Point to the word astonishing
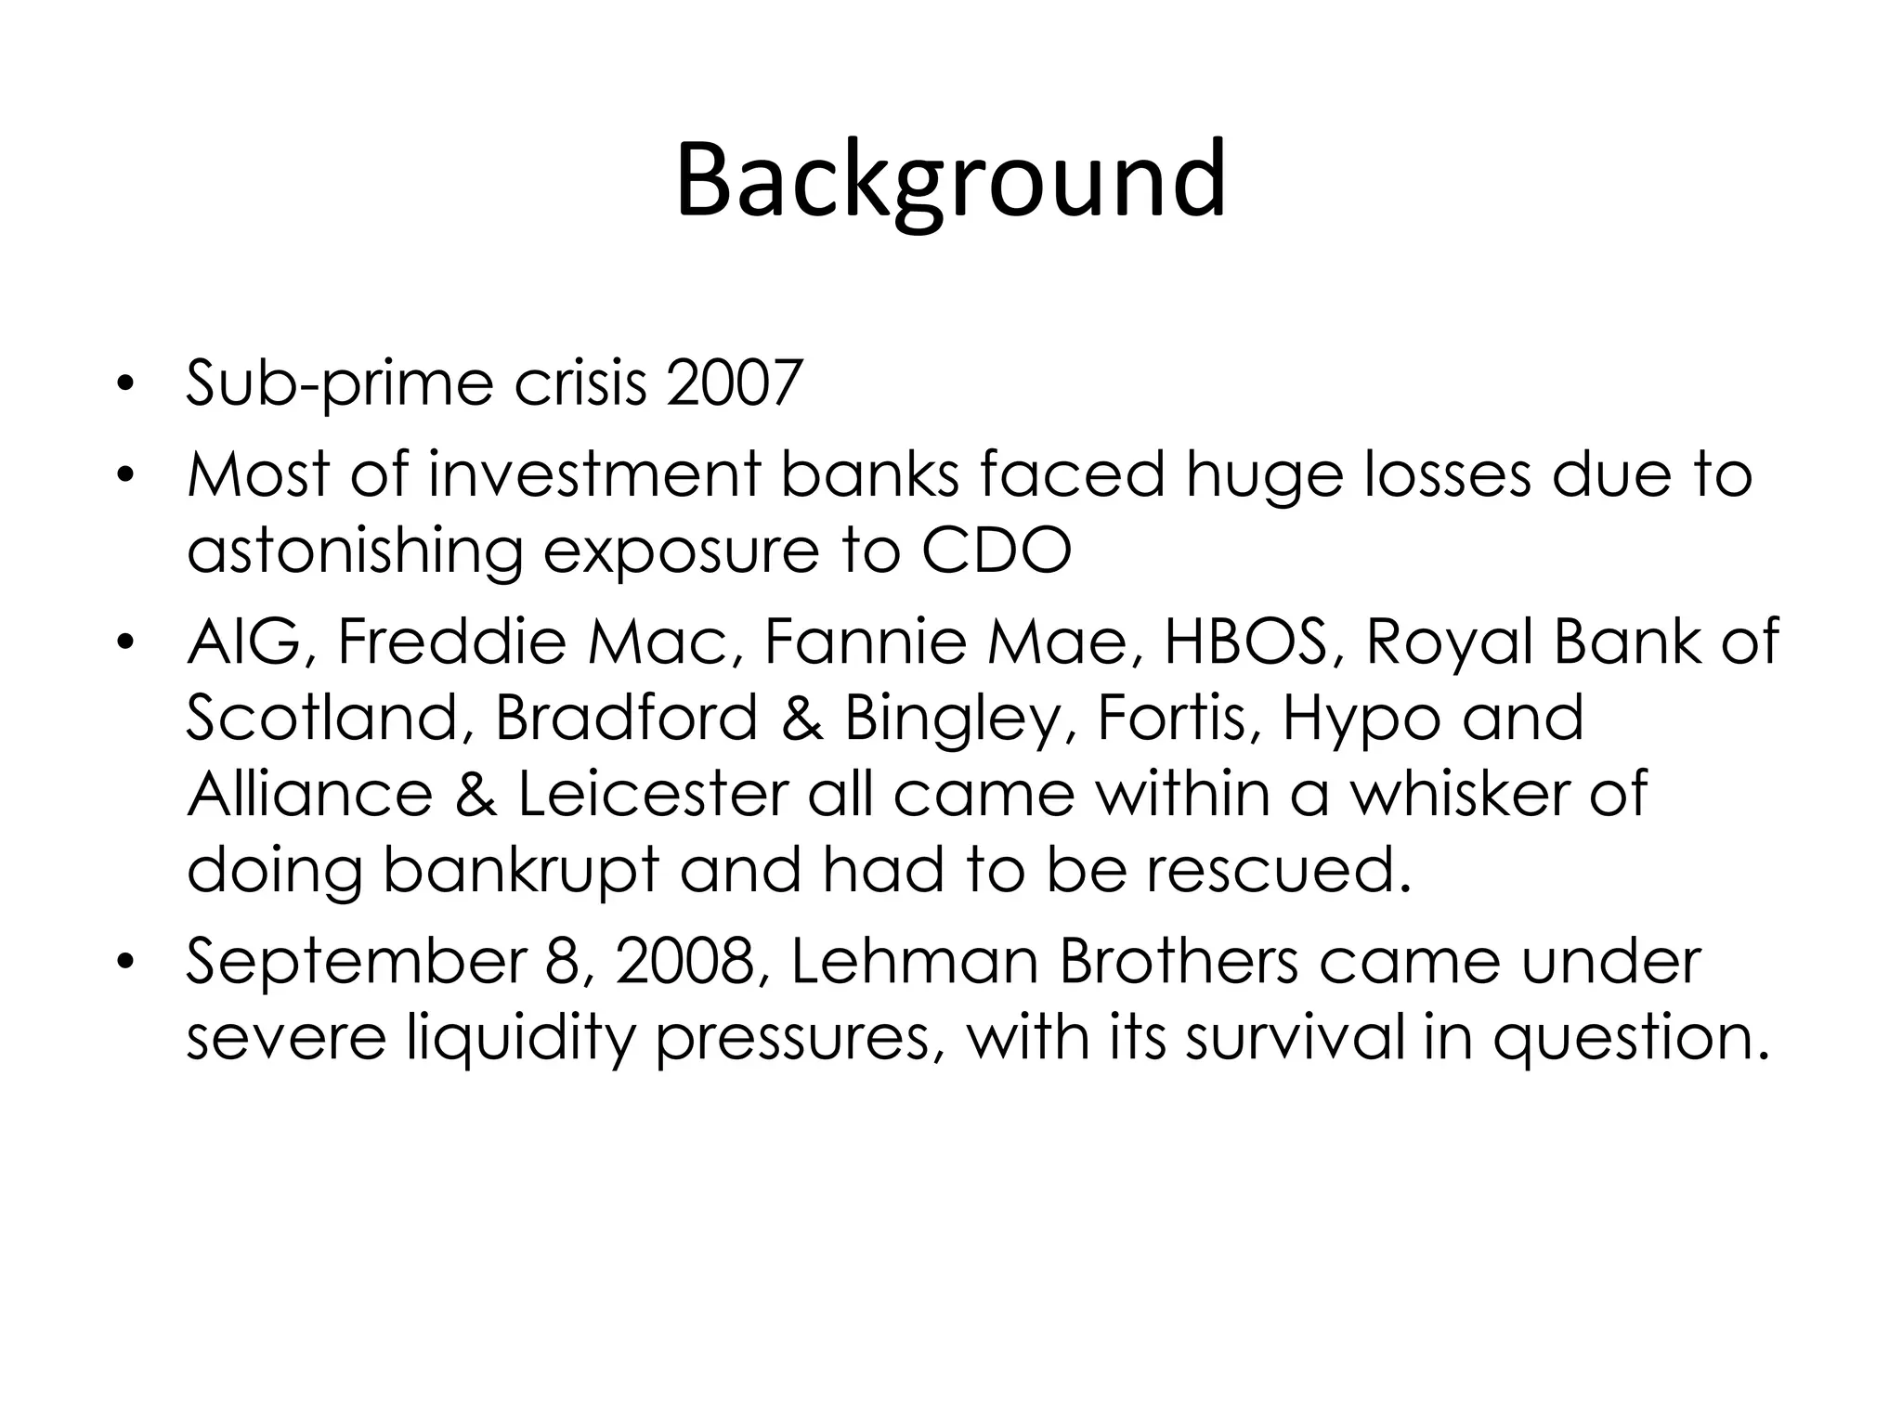pos(354,552)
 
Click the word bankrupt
pos(520,872)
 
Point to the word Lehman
pos(914,962)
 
